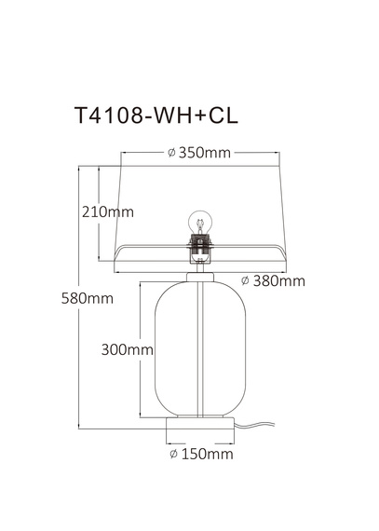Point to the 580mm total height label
tap(87, 299)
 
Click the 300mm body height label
tap(127, 350)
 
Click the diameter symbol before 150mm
tap(174, 455)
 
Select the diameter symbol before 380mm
tap(245, 280)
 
